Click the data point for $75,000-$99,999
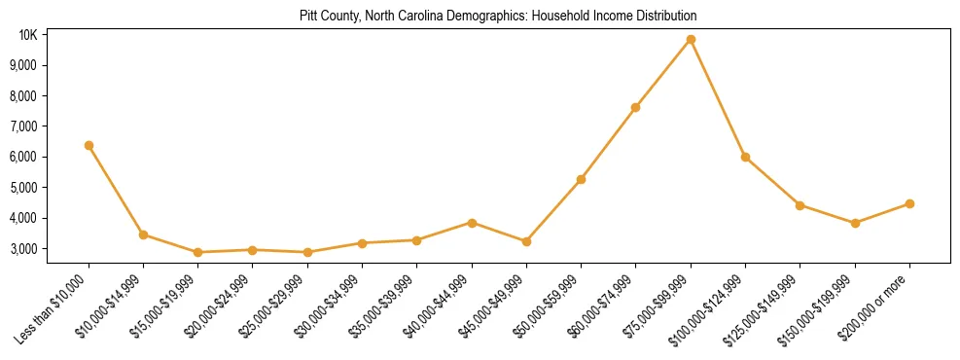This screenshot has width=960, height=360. coord(691,40)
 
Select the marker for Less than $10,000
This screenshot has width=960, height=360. coord(89,145)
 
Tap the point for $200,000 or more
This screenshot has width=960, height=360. coord(909,203)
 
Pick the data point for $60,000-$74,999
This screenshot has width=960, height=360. coord(635,107)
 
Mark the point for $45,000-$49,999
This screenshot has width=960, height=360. coord(526,241)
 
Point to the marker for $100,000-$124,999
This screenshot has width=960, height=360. coord(745,157)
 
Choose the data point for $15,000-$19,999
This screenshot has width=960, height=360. coord(197,252)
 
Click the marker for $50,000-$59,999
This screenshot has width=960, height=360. coord(581,179)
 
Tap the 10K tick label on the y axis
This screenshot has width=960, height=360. coord(27,35)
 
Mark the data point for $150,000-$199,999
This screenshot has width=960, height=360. coord(855,223)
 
